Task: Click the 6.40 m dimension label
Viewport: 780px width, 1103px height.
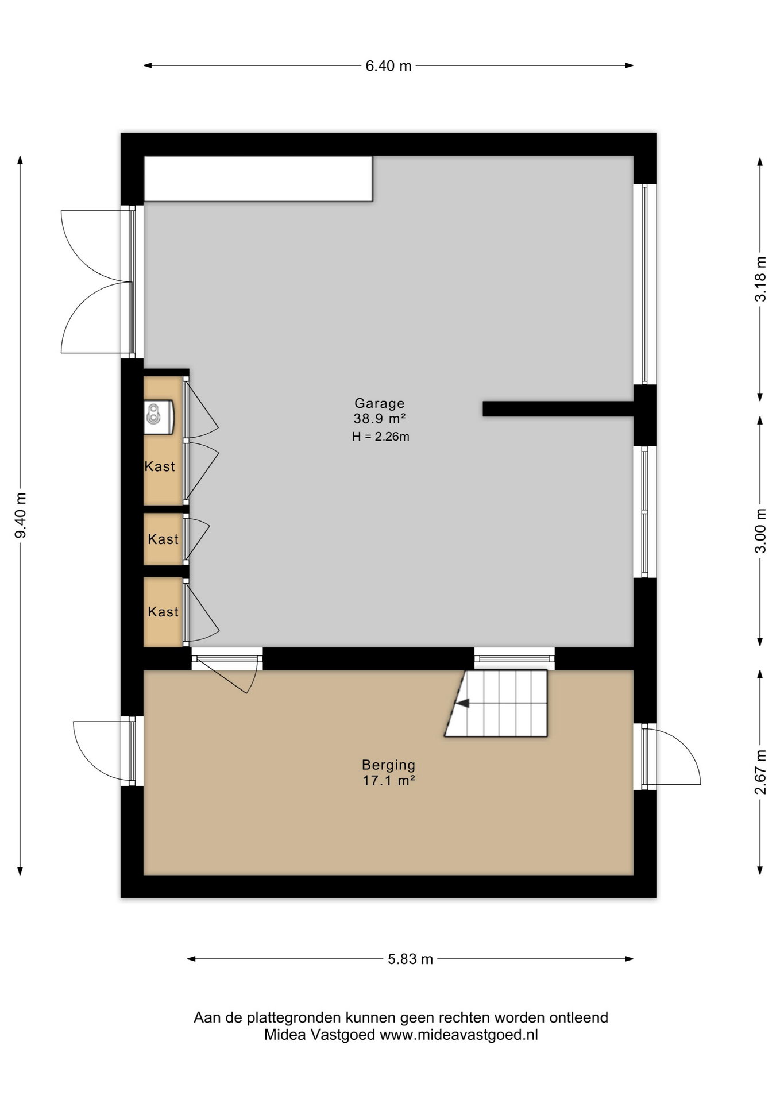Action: (388, 66)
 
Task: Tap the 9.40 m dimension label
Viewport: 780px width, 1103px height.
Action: (21, 516)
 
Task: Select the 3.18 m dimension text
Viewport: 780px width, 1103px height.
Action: (760, 279)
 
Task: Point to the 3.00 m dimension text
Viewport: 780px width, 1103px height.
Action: (760, 530)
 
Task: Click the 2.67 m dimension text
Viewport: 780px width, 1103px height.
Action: (760, 772)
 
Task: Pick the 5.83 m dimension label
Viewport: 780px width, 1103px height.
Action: (410, 959)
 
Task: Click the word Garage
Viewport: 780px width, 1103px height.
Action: (379, 403)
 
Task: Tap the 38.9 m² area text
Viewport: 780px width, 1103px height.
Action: (380, 419)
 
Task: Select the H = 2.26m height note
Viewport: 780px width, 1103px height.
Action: (380, 437)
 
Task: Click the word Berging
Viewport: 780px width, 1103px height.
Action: (388, 765)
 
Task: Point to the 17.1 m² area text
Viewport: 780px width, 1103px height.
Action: (388, 781)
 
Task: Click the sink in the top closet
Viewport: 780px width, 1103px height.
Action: (159, 417)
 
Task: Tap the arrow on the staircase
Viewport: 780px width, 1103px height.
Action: (462, 703)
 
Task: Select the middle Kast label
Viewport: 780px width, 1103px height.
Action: (163, 539)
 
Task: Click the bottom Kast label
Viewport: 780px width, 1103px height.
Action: (163, 612)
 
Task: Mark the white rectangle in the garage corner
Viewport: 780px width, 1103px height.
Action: (258, 179)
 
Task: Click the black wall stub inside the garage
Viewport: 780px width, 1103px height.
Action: (558, 408)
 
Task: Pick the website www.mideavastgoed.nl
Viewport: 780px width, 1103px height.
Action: (458, 1035)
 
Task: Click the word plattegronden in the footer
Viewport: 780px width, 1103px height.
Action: (294, 1019)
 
